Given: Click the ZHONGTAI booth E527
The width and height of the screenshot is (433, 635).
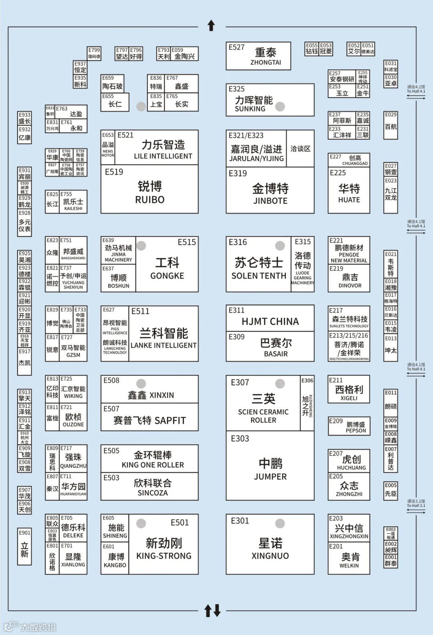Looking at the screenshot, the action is (258, 56).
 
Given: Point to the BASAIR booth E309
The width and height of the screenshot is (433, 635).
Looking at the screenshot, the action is (270, 346).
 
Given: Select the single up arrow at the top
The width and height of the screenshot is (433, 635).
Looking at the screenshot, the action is (211, 26).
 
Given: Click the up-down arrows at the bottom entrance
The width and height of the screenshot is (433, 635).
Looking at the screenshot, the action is (212, 611).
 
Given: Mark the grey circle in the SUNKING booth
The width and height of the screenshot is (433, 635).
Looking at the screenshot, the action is (280, 107).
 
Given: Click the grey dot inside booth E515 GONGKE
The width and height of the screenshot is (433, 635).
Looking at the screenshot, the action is (141, 246).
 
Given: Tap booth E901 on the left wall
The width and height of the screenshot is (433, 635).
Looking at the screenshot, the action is (24, 546).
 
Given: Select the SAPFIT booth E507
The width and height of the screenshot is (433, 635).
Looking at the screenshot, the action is (150, 417).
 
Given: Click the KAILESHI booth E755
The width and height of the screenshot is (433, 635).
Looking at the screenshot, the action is (73, 202).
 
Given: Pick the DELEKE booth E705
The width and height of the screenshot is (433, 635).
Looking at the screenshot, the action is (73, 528).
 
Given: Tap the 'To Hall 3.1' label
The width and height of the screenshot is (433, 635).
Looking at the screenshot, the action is (416, 504).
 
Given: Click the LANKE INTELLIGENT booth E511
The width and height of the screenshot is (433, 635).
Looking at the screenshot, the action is (164, 334).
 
